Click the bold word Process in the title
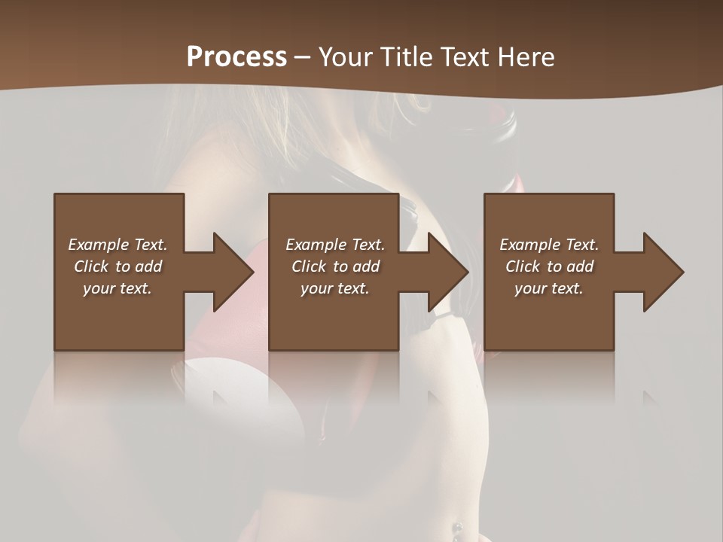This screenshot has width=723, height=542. (x=236, y=57)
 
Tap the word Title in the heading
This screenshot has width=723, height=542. (x=404, y=57)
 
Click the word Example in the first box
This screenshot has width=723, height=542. (x=98, y=245)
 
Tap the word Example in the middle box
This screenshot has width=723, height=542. (x=316, y=245)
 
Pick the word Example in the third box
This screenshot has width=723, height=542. (x=529, y=245)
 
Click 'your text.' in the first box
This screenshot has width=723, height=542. (x=117, y=288)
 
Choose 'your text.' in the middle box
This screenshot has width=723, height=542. (x=335, y=288)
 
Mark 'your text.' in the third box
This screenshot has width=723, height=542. (x=549, y=288)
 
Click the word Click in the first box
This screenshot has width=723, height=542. (x=90, y=266)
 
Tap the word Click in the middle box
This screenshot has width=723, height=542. (x=308, y=266)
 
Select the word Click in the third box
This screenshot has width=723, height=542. (x=522, y=266)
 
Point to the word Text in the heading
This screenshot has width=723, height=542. (x=464, y=57)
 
